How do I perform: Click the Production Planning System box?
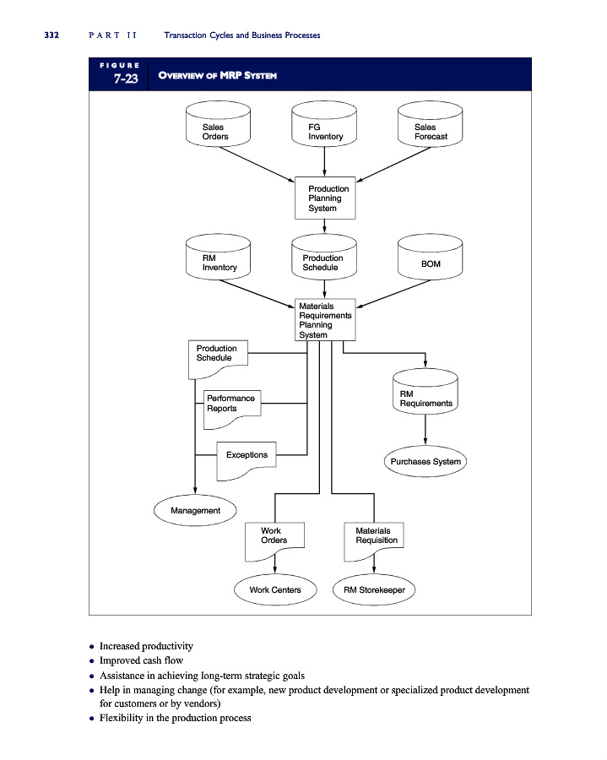[324, 198]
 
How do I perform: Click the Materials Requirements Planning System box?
[324, 320]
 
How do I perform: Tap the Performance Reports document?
[230, 405]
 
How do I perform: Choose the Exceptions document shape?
[246, 458]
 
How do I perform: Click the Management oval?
[196, 510]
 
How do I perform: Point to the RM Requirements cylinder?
[425, 392]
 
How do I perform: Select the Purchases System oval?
[425, 461]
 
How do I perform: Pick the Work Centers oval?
[274, 589]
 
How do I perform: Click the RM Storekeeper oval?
[375, 589]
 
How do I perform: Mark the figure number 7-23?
[120, 79]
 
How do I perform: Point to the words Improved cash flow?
[141, 660]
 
